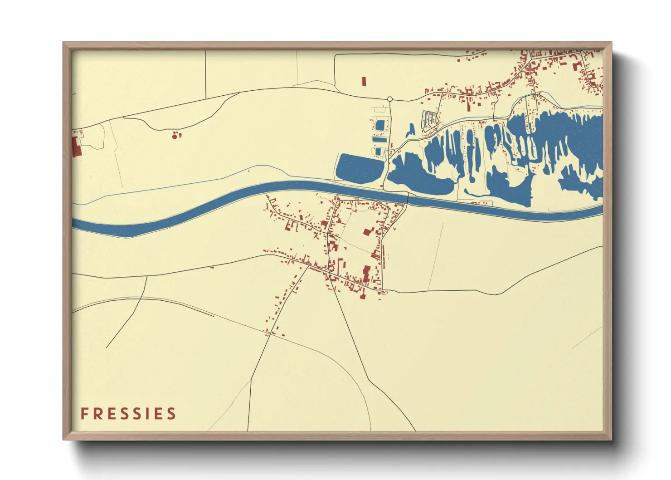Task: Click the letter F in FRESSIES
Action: click(x=84, y=414)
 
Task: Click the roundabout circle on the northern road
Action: click(x=390, y=99)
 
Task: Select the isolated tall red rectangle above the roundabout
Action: click(x=364, y=82)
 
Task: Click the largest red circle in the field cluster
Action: click(x=174, y=135)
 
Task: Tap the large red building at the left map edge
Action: click(x=76, y=146)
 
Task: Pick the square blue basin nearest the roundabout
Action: click(x=380, y=124)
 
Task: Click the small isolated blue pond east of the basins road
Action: click(x=411, y=130)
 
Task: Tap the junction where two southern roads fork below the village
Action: click(x=327, y=271)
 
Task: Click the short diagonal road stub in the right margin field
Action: click(x=587, y=338)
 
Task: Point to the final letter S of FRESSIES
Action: click(x=171, y=414)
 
